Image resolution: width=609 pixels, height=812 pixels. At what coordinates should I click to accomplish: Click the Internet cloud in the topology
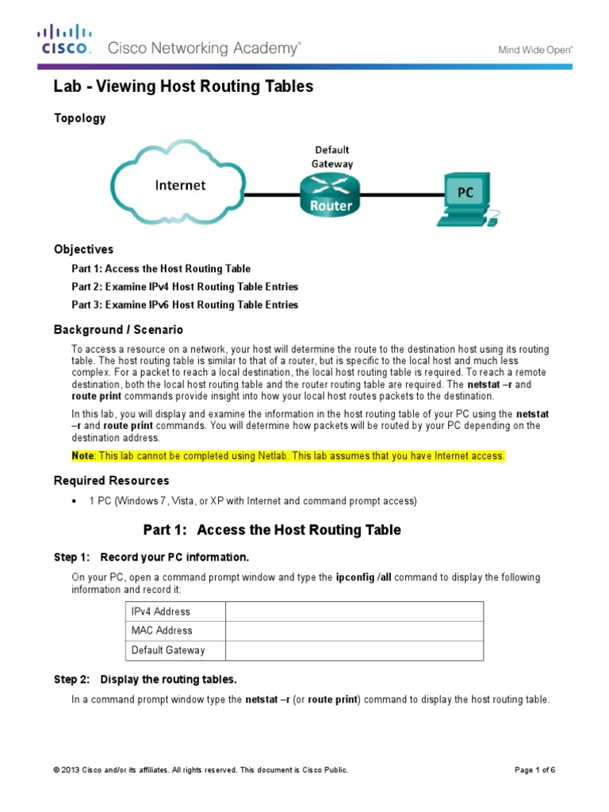tap(178, 187)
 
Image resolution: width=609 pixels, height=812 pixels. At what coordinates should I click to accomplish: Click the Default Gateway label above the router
tap(332, 156)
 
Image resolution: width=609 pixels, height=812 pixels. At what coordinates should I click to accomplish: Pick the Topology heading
tap(79, 118)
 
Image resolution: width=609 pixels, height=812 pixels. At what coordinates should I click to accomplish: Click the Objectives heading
tap(83, 249)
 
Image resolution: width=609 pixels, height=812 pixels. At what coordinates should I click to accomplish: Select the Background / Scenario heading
tap(118, 329)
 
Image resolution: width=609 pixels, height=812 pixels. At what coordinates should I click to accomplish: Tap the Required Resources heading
tap(111, 481)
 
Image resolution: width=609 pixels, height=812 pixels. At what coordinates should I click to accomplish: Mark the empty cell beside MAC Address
tap(354, 630)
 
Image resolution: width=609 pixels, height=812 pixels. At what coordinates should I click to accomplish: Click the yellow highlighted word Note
tap(82, 456)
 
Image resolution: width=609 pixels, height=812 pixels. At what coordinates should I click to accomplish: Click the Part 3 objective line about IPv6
tap(185, 304)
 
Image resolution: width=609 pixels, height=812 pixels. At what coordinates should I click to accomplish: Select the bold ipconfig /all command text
tap(366, 577)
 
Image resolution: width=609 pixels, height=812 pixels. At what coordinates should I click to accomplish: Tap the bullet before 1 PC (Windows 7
tap(74, 501)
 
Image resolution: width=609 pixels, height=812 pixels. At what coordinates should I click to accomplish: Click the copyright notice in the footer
tap(201, 770)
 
